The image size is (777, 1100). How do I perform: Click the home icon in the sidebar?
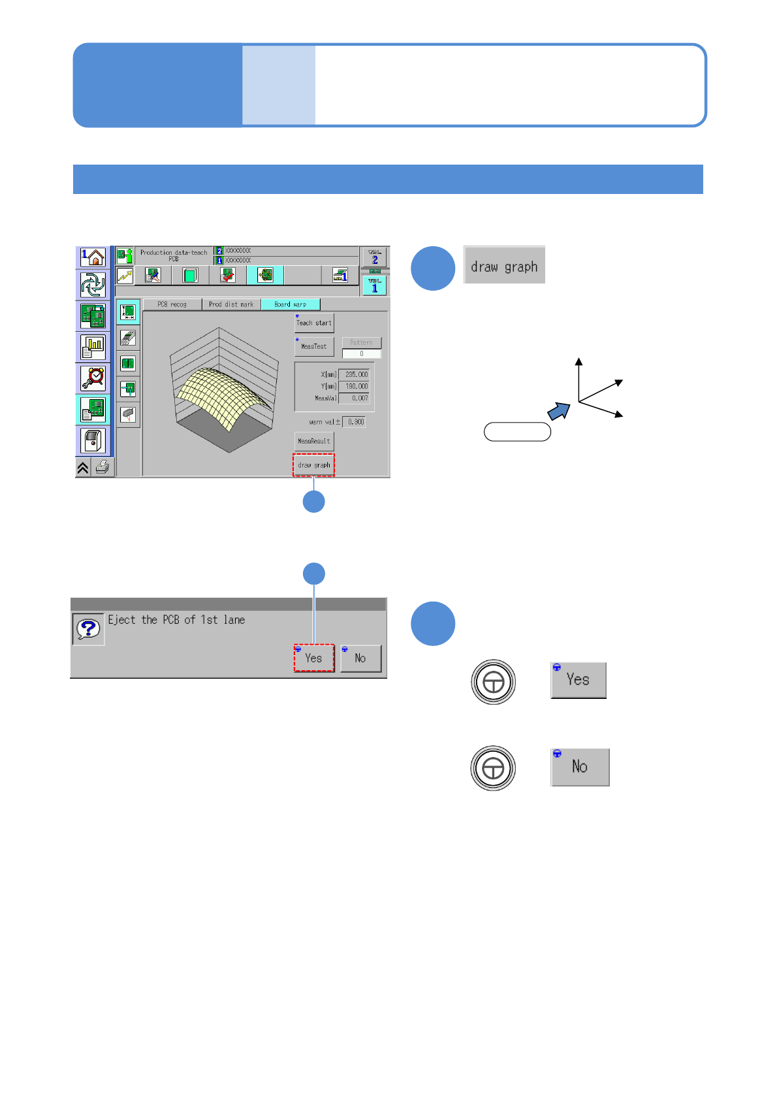click(93, 257)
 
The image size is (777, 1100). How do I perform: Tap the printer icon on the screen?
click(103, 467)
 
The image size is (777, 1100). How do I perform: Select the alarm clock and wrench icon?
click(93, 378)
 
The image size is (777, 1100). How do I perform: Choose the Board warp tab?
click(291, 304)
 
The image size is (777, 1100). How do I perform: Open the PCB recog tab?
click(172, 304)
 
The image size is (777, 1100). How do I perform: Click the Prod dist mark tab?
click(231, 304)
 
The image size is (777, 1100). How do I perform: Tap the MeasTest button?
click(314, 346)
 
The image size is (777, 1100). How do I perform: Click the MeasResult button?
click(314, 442)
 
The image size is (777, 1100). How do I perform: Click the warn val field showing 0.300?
click(355, 422)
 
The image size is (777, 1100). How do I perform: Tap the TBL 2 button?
click(374, 257)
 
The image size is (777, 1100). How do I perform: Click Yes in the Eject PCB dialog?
click(314, 658)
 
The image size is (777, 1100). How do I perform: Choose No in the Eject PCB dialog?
click(360, 658)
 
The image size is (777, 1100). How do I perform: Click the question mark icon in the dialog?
click(88, 629)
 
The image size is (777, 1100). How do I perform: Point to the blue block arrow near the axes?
click(558, 411)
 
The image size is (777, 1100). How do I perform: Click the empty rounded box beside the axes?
click(517, 432)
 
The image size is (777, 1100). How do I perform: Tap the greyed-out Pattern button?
click(361, 342)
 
